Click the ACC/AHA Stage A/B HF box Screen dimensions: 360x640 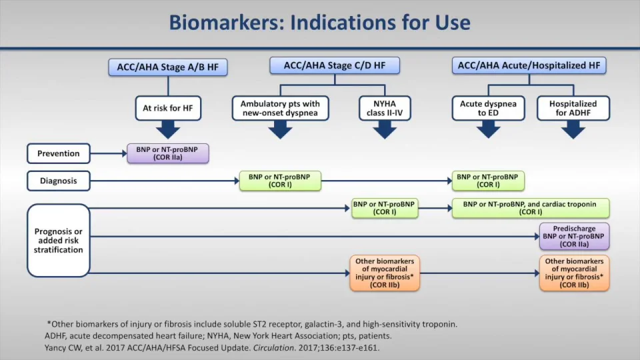[167, 67]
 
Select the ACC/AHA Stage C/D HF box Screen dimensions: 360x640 [335, 65]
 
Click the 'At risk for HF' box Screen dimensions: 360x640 [167, 109]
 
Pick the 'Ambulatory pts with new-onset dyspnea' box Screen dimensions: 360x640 [280, 109]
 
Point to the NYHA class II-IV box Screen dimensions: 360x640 [385, 109]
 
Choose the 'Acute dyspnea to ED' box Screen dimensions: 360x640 [489, 109]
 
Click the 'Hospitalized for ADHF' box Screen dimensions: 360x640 [573, 109]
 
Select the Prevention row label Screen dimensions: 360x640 [58, 153]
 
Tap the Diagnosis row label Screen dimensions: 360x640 [58, 181]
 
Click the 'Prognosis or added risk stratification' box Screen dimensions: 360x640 [59, 241]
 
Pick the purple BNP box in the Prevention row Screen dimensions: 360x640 [168, 153]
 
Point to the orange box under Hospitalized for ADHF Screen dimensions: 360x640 [574, 273]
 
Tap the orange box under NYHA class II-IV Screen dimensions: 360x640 [384, 273]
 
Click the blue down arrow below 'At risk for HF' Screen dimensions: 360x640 [167, 129]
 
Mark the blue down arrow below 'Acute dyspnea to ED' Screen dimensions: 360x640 [489, 129]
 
